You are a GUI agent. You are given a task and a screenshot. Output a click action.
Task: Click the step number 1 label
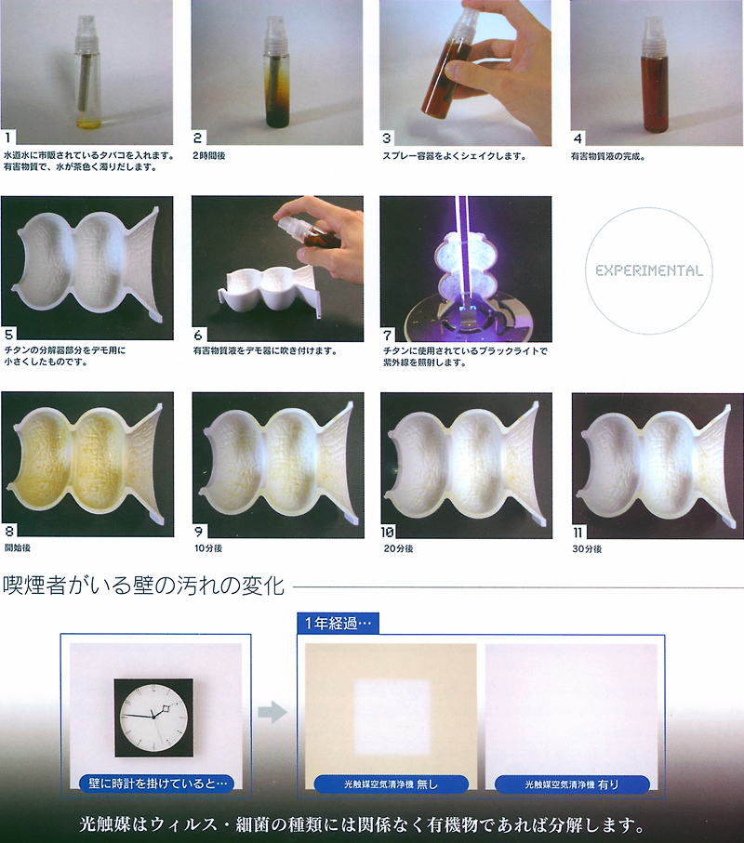point(8,138)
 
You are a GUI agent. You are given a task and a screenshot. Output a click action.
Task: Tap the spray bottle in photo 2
point(277,70)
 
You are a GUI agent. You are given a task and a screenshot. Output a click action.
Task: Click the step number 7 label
point(387,335)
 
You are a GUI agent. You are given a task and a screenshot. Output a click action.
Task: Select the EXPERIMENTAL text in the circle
point(649,270)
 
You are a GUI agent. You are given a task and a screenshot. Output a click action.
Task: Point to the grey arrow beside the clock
point(272,712)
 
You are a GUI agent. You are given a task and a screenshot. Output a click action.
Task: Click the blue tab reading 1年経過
point(339,624)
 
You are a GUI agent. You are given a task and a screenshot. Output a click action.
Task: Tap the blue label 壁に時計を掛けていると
point(157,784)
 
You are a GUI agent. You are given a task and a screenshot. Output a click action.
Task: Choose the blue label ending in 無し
point(392,784)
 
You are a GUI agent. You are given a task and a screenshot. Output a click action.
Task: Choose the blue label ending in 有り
point(572,784)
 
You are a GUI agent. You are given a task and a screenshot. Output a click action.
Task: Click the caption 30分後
point(587,549)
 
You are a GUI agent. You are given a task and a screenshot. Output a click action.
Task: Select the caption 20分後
point(399,548)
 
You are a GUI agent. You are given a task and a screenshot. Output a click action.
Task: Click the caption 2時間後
point(209,155)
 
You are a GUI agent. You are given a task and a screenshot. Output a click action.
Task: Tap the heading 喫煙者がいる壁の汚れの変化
point(143,586)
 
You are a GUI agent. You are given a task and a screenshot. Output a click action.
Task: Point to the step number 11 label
point(578,533)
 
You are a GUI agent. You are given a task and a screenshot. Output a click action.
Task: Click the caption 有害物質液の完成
point(608,156)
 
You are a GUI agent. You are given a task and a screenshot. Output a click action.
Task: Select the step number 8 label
point(9,532)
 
